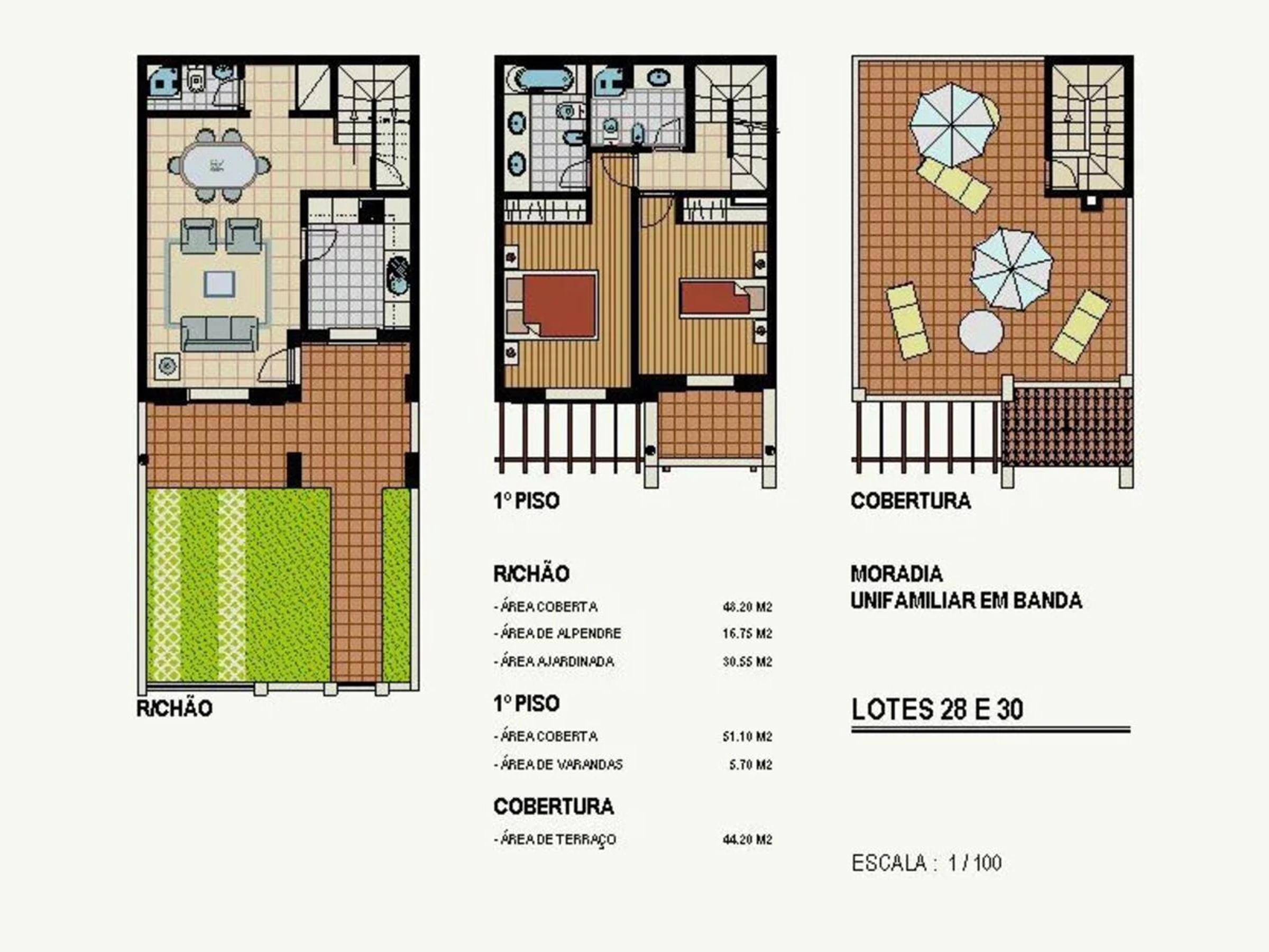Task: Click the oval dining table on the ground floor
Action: [x=218, y=165]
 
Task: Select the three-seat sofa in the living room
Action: [x=218, y=333]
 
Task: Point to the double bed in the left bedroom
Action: [x=551, y=305]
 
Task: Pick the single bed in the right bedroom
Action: [x=722, y=297]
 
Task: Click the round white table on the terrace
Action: [x=980, y=332]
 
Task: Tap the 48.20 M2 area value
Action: [x=747, y=607]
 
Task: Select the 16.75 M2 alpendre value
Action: [x=747, y=634]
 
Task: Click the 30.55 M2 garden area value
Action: [x=747, y=662]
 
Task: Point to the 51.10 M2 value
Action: [x=747, y=736]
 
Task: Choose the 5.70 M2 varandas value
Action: [x=750, y=765]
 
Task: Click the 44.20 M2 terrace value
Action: [x=747, y=840]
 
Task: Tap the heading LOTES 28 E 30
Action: [x=937, y=709]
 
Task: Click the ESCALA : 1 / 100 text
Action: [x=926, y=863]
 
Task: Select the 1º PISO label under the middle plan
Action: [x=526, y=501]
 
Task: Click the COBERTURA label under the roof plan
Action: [x=911, y=501]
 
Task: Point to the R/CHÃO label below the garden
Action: [x=174, y=709]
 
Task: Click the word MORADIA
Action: [x=896, y=574]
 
